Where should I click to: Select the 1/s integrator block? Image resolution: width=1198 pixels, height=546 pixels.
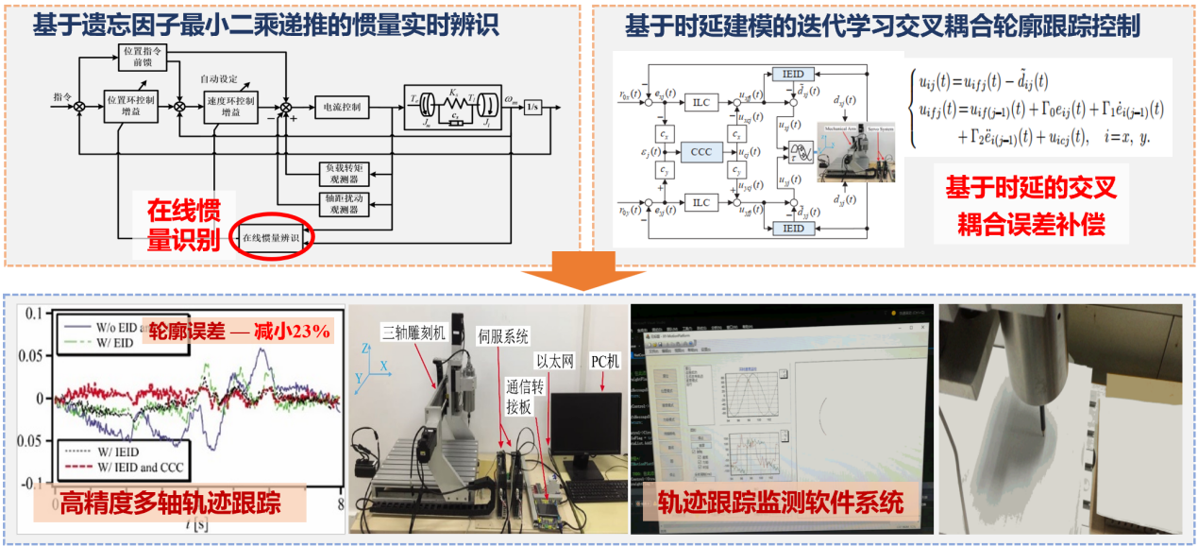534,106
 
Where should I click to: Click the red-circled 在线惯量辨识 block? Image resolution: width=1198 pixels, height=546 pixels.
271,238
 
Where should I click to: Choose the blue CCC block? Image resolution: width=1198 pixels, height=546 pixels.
700,151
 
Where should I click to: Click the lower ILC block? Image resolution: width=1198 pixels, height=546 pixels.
700,202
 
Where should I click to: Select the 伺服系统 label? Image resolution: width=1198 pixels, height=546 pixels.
502,335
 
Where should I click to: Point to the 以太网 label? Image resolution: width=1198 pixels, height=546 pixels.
555,359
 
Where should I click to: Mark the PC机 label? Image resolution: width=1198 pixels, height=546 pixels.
605,360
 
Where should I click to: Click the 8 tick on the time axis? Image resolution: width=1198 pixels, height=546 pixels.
339,503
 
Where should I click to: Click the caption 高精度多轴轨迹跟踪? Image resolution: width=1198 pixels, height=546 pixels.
170,502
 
